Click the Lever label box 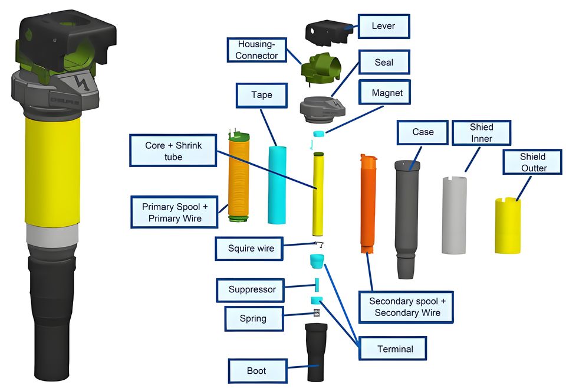[383, 26]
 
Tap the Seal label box [384, 62]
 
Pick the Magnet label [387, 93]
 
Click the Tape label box [262, 94]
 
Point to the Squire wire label [251, 248]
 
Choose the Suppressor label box [252, 289]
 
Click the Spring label [253, 318]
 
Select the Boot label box [256, 371]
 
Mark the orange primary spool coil [240, 180]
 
